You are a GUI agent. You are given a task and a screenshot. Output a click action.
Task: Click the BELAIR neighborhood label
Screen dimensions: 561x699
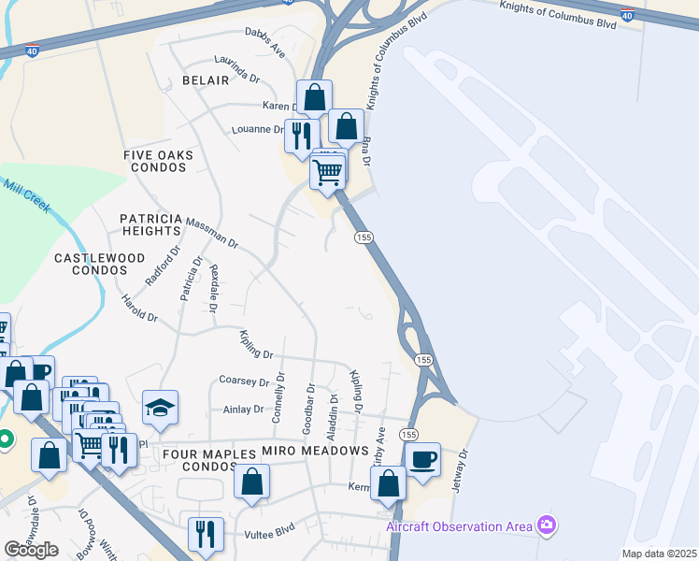(206, 80)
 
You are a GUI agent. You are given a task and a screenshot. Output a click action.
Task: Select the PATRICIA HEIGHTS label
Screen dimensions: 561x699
(150, 223)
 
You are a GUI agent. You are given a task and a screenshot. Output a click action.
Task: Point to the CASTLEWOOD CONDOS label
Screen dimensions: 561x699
(99, 264)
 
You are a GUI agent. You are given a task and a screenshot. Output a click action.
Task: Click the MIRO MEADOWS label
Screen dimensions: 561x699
(315, 451)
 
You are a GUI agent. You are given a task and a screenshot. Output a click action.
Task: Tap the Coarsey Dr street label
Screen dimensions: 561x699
(243, 381)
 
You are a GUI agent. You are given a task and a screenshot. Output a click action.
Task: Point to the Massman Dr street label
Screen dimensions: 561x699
(211, 230)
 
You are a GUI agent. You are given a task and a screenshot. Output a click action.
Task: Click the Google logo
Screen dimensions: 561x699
(31, 550)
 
